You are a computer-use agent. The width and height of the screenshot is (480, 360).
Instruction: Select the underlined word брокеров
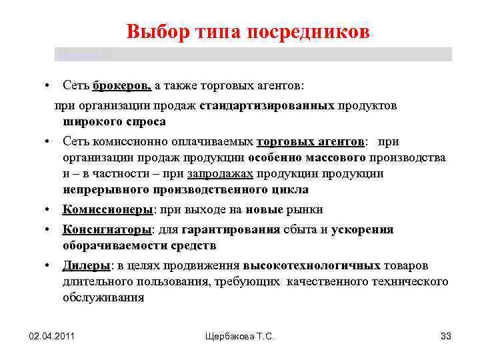point(123,85)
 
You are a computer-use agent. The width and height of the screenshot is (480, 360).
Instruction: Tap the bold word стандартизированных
point(267,105)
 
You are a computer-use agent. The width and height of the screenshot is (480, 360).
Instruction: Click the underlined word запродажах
point(220,173)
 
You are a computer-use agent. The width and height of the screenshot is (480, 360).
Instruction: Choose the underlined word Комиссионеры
point(107,209)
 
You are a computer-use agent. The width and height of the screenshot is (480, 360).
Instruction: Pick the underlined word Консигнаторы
point(107,229)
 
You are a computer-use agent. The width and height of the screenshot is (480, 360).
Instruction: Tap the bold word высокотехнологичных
point(312,265)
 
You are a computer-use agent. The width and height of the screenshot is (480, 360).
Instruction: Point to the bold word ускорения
point(363,229)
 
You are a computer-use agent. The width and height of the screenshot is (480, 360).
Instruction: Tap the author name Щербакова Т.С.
point(240,336)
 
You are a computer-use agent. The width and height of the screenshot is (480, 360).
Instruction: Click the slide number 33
point(446,336)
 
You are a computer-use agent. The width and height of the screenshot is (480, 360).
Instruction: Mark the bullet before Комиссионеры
point(49,209)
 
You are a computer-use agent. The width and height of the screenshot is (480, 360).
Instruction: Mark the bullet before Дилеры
point(49,265)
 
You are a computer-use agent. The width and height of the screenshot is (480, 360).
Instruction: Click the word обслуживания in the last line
point(103,297)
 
